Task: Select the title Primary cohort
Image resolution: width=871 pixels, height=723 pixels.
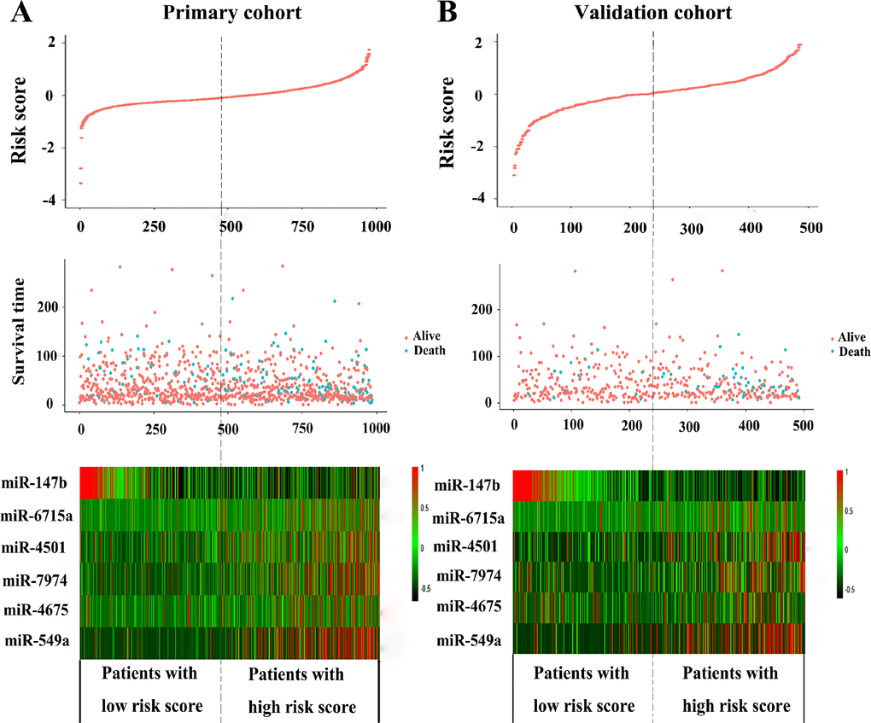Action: [x=220, y=15]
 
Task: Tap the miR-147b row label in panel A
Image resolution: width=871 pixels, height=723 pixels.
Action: [x=40, y=484]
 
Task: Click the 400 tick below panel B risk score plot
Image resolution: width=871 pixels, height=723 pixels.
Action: [x=749, y=230]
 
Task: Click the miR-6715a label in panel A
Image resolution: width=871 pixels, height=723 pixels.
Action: [x=39, y=514]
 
